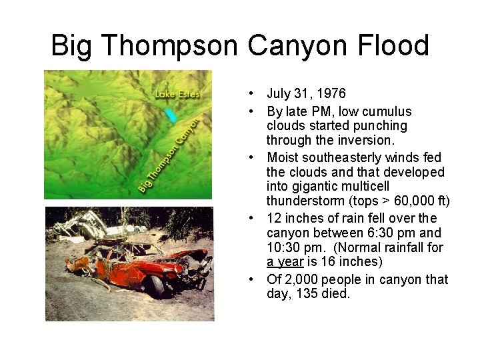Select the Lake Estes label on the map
click(177, 94)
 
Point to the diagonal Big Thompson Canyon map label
click(169, 156)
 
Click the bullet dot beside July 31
click(247, 94)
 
